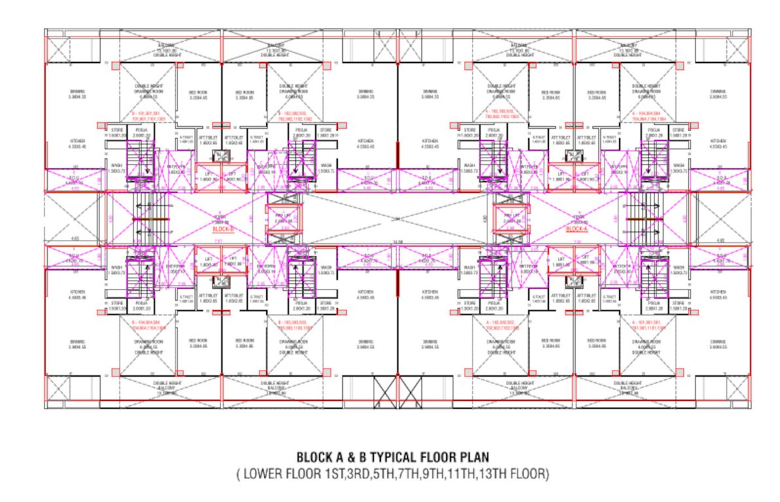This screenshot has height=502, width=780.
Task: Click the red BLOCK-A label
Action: coord(576,230)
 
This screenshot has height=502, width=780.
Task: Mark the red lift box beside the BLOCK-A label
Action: coord(512,222)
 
